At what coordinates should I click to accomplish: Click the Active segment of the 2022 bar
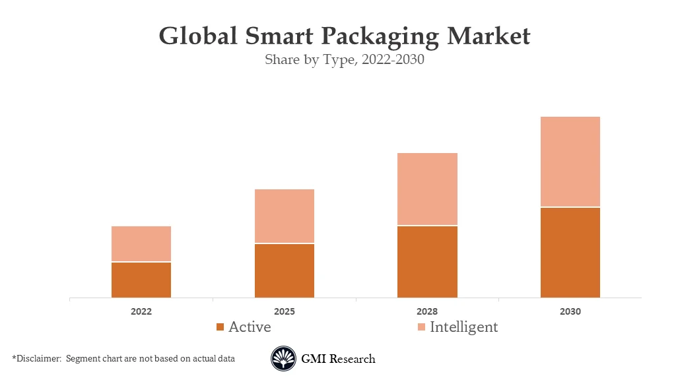pyautogui.click(x=141, y=280)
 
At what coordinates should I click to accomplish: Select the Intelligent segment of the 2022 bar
pyautogui.click(x=141, y=243)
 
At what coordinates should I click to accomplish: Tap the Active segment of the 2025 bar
pyautogui.click(x=285, y=270)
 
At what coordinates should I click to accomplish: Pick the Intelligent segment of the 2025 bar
pyautogui.click(x=285, y=216)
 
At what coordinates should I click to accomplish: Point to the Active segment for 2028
pyautogui.click(x=427, y=261)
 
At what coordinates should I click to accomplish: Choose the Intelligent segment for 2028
pyautogui.click(x=427, y=189)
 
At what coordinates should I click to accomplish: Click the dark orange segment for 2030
pyautogui.click(x=570, y=252)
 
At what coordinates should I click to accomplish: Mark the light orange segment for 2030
pyautogui.click(x=570, y=162)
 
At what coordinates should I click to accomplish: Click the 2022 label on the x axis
pyautogui.click(x=141, y=311)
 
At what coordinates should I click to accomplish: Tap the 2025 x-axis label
pyautogui.click(x=285, y=311)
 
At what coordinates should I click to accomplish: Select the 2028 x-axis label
pyautogui.click(x=427, y=311)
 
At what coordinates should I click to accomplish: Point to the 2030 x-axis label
pyautogui.click(x=570, y=311)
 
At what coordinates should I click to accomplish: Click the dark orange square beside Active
pyautogui.click(x=220, y=327)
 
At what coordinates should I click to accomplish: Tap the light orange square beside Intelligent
pyautogui.click(x=421, y=327)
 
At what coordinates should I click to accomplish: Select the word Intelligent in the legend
pyautogui.click(x=464, y=327)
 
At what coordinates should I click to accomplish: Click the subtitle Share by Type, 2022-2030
pyautogui.click(x=344, y=59)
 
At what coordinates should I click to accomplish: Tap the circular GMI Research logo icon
pyautogui.click(x=283, y=359)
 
